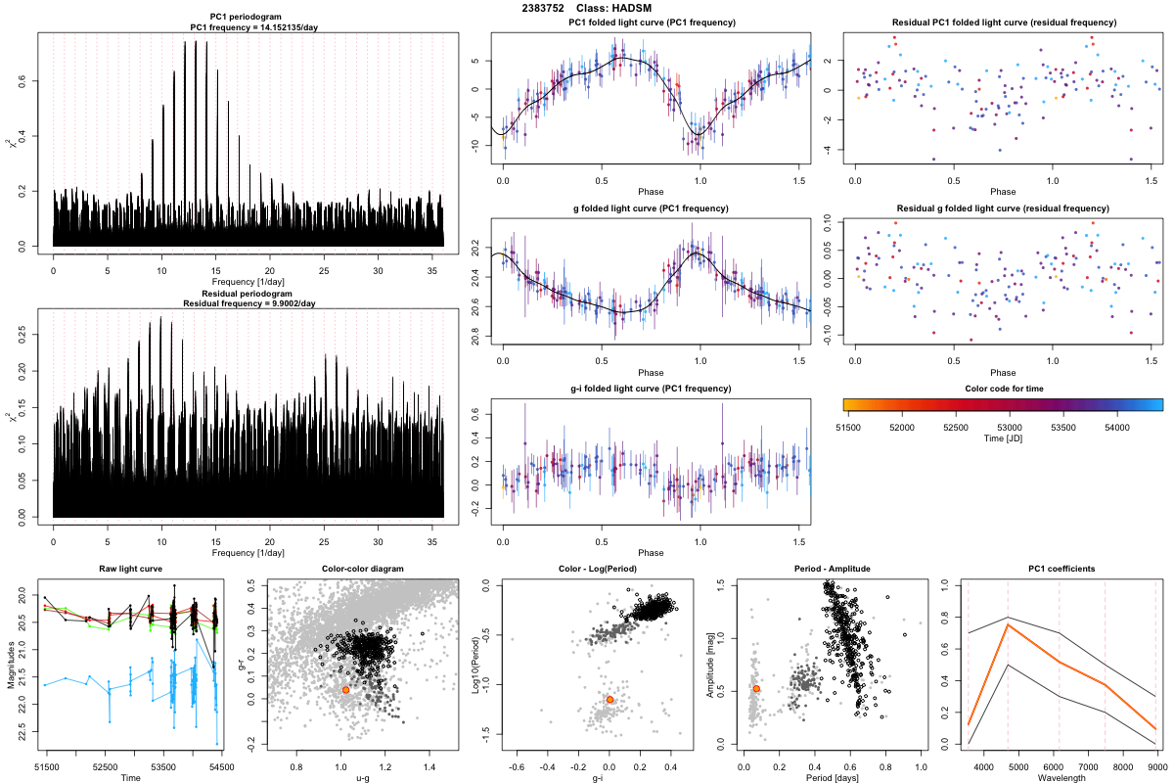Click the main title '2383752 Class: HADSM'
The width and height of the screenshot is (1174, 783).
pos(586,9)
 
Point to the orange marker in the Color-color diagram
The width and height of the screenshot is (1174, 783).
pos(345,690)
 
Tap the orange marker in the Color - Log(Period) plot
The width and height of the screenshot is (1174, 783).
pos(610,700)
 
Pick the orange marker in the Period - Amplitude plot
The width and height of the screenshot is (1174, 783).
pos(756,689)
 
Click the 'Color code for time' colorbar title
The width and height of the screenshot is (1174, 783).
pos(1003,389)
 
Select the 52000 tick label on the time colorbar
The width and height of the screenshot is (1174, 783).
pos(901,428)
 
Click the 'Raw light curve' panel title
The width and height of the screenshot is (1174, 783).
pos(130,570)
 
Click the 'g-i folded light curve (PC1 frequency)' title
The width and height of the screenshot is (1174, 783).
pos(651,389)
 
